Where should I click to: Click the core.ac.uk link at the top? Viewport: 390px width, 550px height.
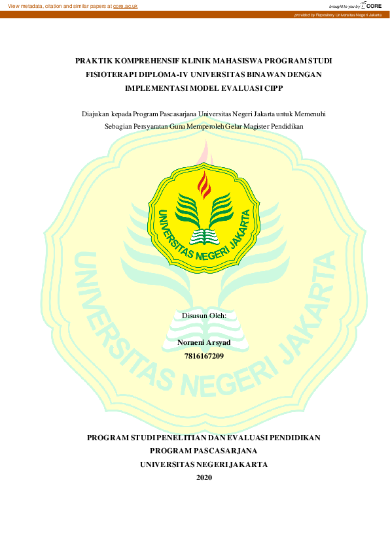click(x=125, y=6)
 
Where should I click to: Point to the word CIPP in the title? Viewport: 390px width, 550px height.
click(x=281, y=88)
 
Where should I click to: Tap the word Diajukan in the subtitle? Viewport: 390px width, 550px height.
click(x=95, y=113)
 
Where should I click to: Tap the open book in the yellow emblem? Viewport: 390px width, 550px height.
click(x=204, y=233)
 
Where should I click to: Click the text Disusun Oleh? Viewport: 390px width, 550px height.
click(x=204, y=315)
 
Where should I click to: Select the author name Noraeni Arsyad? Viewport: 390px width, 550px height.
click(x=204, y=343)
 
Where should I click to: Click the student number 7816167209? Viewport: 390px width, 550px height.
click(x=204, y=357)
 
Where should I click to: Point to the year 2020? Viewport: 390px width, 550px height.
click(x=204, y=477)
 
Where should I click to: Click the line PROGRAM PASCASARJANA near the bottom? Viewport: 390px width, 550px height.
click(x=204, y=451)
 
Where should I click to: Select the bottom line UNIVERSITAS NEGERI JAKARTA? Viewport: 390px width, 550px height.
click(x=204, y=464)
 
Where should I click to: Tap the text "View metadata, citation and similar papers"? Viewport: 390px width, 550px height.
click(x=58, y=6)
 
